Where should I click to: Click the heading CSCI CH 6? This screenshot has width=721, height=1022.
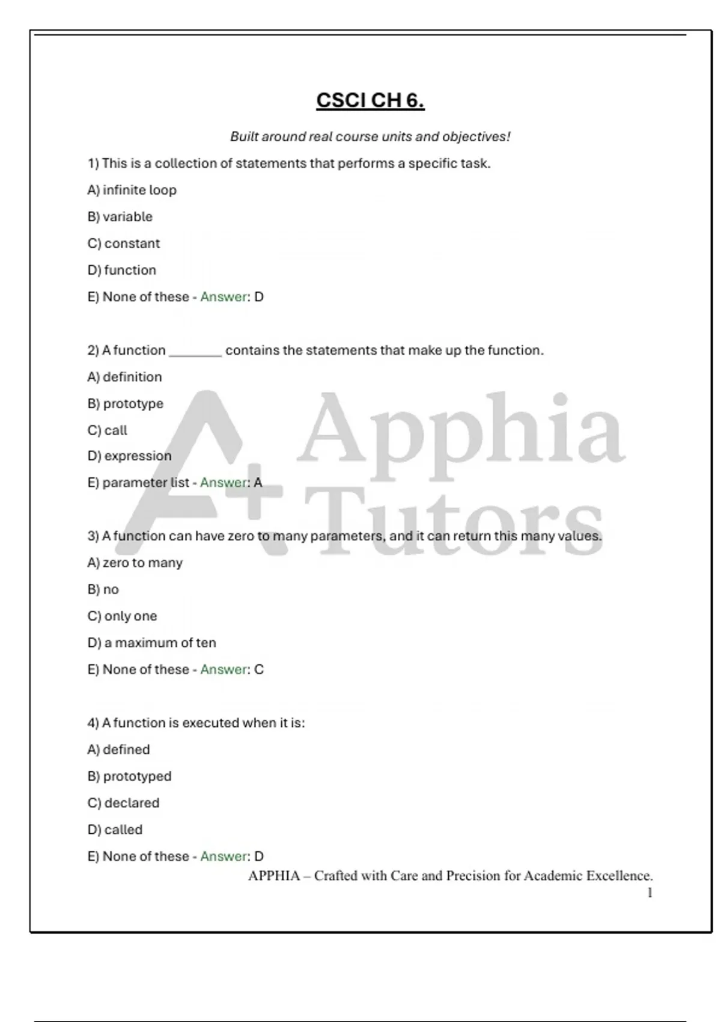370,100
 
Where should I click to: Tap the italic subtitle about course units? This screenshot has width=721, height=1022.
370,137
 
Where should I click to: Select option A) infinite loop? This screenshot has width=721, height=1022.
132,190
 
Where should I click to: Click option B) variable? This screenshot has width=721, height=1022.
120,216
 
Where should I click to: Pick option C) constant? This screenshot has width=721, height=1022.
124,243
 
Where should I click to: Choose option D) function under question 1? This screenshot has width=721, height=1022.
122,270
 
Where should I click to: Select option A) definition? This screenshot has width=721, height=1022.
125,377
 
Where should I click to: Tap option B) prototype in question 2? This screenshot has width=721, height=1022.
126,403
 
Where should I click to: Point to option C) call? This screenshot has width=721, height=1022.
108,430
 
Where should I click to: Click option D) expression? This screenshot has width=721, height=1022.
129,456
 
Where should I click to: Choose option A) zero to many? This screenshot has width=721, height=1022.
135,563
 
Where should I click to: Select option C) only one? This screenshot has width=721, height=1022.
123,616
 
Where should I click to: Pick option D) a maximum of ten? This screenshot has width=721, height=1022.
152,643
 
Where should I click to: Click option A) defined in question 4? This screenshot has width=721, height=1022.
119,750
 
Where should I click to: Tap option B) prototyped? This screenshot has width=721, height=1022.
130,776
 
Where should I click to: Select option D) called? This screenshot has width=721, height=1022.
115,830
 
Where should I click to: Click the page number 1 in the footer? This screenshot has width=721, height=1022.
650,893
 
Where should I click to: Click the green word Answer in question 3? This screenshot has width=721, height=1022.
224,670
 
